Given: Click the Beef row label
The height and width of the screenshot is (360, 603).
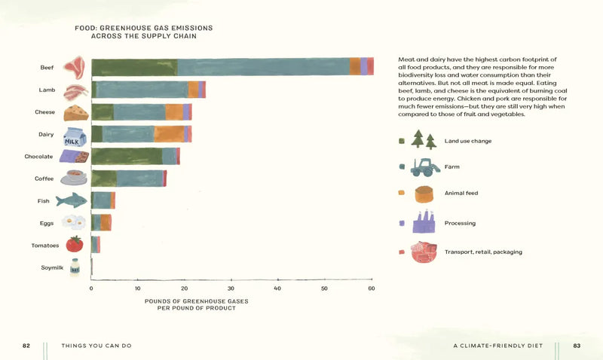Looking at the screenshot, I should (x=47, y=68).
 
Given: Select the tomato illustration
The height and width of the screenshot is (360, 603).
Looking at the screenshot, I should (x=74, y=244).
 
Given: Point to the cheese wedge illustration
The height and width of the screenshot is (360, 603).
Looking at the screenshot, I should (x=75, y=113).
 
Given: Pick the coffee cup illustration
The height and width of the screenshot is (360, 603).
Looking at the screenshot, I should (x=74, y=178).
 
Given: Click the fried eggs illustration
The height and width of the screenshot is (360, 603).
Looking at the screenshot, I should (x=74, y=222).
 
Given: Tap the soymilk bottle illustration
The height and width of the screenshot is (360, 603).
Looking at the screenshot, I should (x=74, y=267).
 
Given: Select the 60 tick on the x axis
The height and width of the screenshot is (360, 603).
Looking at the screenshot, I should (x=372, y=288).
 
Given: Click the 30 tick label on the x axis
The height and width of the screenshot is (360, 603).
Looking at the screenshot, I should (x=231, y=288).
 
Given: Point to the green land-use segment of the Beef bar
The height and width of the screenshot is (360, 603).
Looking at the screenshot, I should (x=134, y=66).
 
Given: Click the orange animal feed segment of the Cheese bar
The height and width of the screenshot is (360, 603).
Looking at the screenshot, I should (x=174, y=111).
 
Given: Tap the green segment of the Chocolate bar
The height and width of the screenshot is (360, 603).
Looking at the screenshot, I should (x=126, y=156).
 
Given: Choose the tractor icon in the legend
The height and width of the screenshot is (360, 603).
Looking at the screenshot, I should (x=425, y=166).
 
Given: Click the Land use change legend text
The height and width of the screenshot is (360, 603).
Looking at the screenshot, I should (x=468, y=141).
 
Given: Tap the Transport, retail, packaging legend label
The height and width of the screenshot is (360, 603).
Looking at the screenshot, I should (x=483, y=252).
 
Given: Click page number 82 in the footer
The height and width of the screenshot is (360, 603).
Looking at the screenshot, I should (x=26, y=346).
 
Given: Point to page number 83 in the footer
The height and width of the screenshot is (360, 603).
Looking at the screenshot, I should (x=577, y=346).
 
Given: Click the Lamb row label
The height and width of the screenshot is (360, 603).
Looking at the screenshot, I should (x=47, y=90).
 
